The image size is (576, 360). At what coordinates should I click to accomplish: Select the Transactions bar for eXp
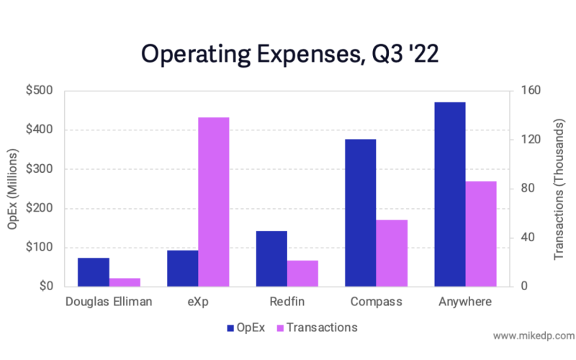(x=214, y=202)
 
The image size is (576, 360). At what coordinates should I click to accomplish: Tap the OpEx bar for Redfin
(x=271, y=258)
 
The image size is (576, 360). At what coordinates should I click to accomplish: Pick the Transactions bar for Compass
(x=392, y=253)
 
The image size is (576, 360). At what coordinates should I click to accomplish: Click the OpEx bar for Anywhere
(x=450, y=194)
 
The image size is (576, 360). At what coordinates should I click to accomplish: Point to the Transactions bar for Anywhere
(x=481, y=234)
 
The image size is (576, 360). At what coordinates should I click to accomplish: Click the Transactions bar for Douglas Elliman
(x=125, y=282)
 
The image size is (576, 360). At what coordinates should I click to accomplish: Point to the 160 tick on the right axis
(x=528, y=91)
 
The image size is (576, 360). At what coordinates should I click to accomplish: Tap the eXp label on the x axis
(x=198, y=302)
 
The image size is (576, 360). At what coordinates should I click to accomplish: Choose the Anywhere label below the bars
(x=465, y=302)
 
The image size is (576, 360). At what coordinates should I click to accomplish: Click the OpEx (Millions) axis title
(x=12, y=189)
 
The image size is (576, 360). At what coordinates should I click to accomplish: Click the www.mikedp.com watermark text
(x=533, y=336)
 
